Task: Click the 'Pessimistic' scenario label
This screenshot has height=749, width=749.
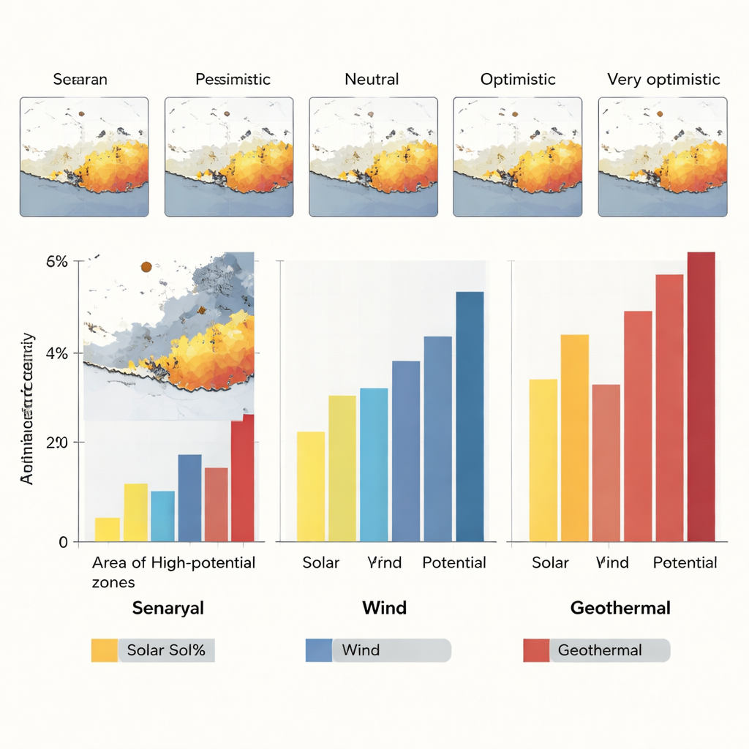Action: pyautogui.click(x=233, y=79)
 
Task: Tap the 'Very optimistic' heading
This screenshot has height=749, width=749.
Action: pyautogui.click(x=663, y=79)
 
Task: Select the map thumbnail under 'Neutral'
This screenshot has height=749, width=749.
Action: pyautogui.click(x=374, y=157)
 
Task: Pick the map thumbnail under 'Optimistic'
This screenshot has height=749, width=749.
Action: pyautogui.click(x=518, y=157)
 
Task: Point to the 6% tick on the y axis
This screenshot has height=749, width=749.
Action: pyautogui.click(x=56, y=262)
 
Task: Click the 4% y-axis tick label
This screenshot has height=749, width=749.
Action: pyautogui.click(x=56, y=353)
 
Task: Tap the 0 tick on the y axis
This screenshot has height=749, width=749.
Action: pyautogui.click(x=63, y=542)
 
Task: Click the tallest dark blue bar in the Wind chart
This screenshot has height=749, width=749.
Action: pyautogui.click(x=470, y=417)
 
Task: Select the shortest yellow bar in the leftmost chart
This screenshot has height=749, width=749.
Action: pyautogui.click(x=108, y=530)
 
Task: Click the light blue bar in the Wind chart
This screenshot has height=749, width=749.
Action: pyautogui.click(x=374, y=464)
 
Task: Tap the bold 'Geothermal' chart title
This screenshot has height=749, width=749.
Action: pyautogui.click(x=620, y=608)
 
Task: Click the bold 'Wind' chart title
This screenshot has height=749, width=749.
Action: pyautogui.click(x=384, y=608)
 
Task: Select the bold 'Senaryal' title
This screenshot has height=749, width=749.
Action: pyautogui.click(x=168, y=608)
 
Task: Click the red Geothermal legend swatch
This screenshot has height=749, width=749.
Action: pyautogui.click(x=535, y=650)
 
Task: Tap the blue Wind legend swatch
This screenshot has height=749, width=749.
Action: pyautogui.click(x=318, y=650)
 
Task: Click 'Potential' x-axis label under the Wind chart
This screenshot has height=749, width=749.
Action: pyautogui.click(x=453, y=562)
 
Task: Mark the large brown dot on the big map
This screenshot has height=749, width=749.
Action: pyautogui.click(x=146, y=267)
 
